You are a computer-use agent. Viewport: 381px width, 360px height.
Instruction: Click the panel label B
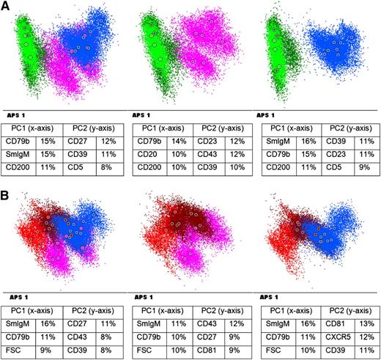(7, 192)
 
